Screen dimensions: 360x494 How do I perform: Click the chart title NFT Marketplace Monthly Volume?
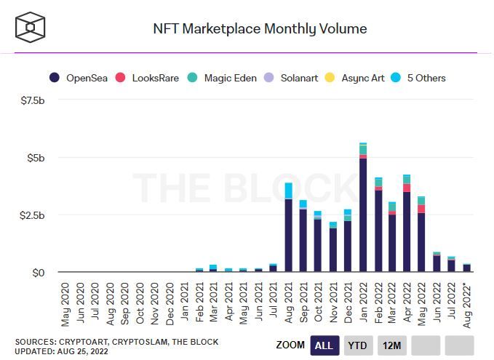pyautogui.click(x=260, y=29)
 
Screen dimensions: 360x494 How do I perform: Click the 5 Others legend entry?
pyautogui.click(x=425, y=78)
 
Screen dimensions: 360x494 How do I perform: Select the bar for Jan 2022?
pyautogui.click(x=363, y=211)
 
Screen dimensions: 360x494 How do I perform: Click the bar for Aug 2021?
pyautogui.click(x=289, y=233)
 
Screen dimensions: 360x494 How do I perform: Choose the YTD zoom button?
pyautogui.click(x=356, y=345)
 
